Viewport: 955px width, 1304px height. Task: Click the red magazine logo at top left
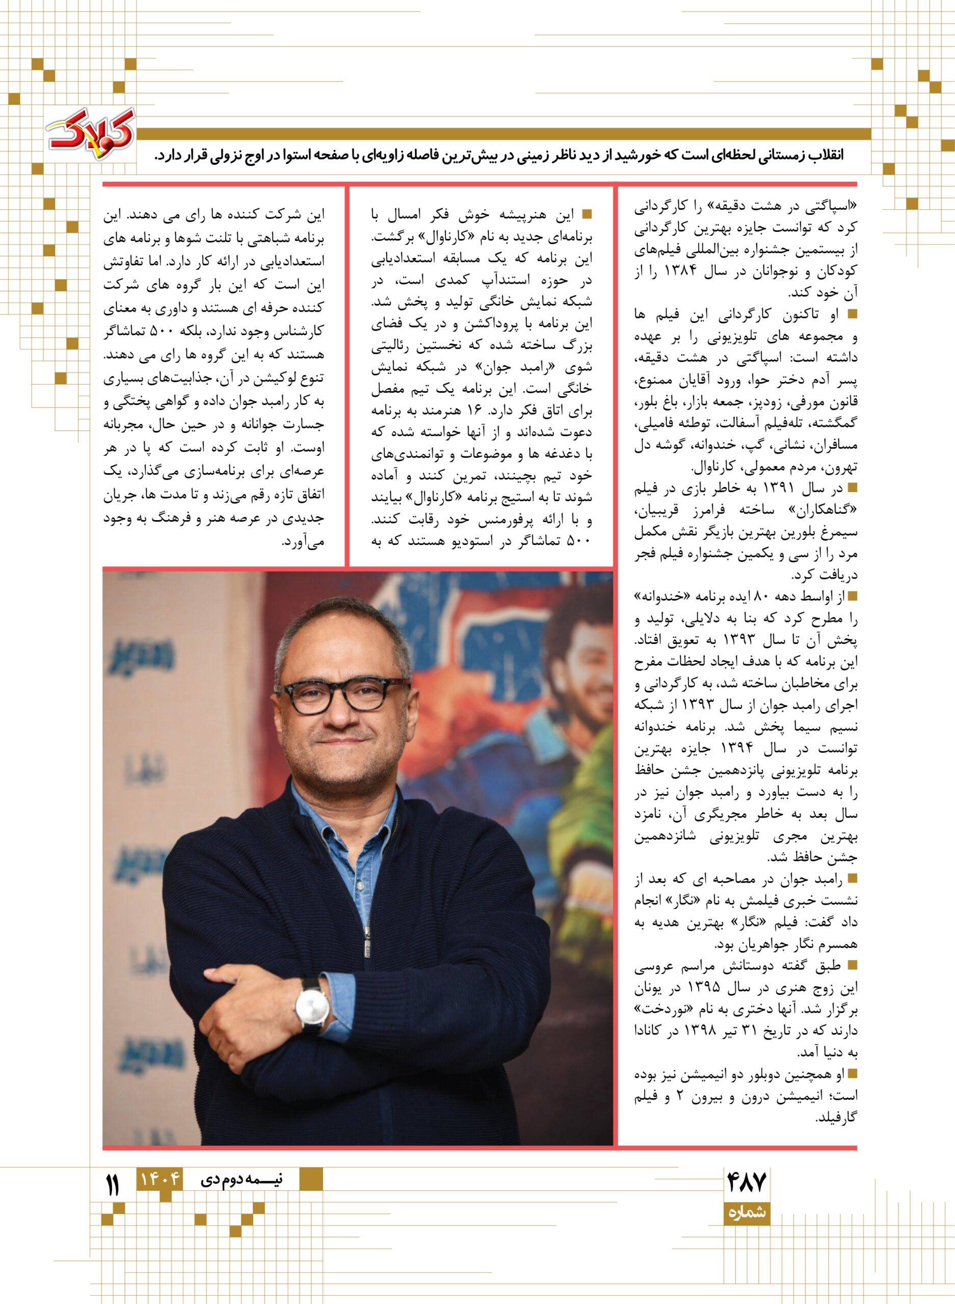91,133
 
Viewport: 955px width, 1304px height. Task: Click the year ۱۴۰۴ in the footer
159,1179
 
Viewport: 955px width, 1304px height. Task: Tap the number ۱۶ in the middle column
475,410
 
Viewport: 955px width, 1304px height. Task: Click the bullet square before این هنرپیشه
587,214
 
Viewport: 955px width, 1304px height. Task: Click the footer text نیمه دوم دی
242,1179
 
